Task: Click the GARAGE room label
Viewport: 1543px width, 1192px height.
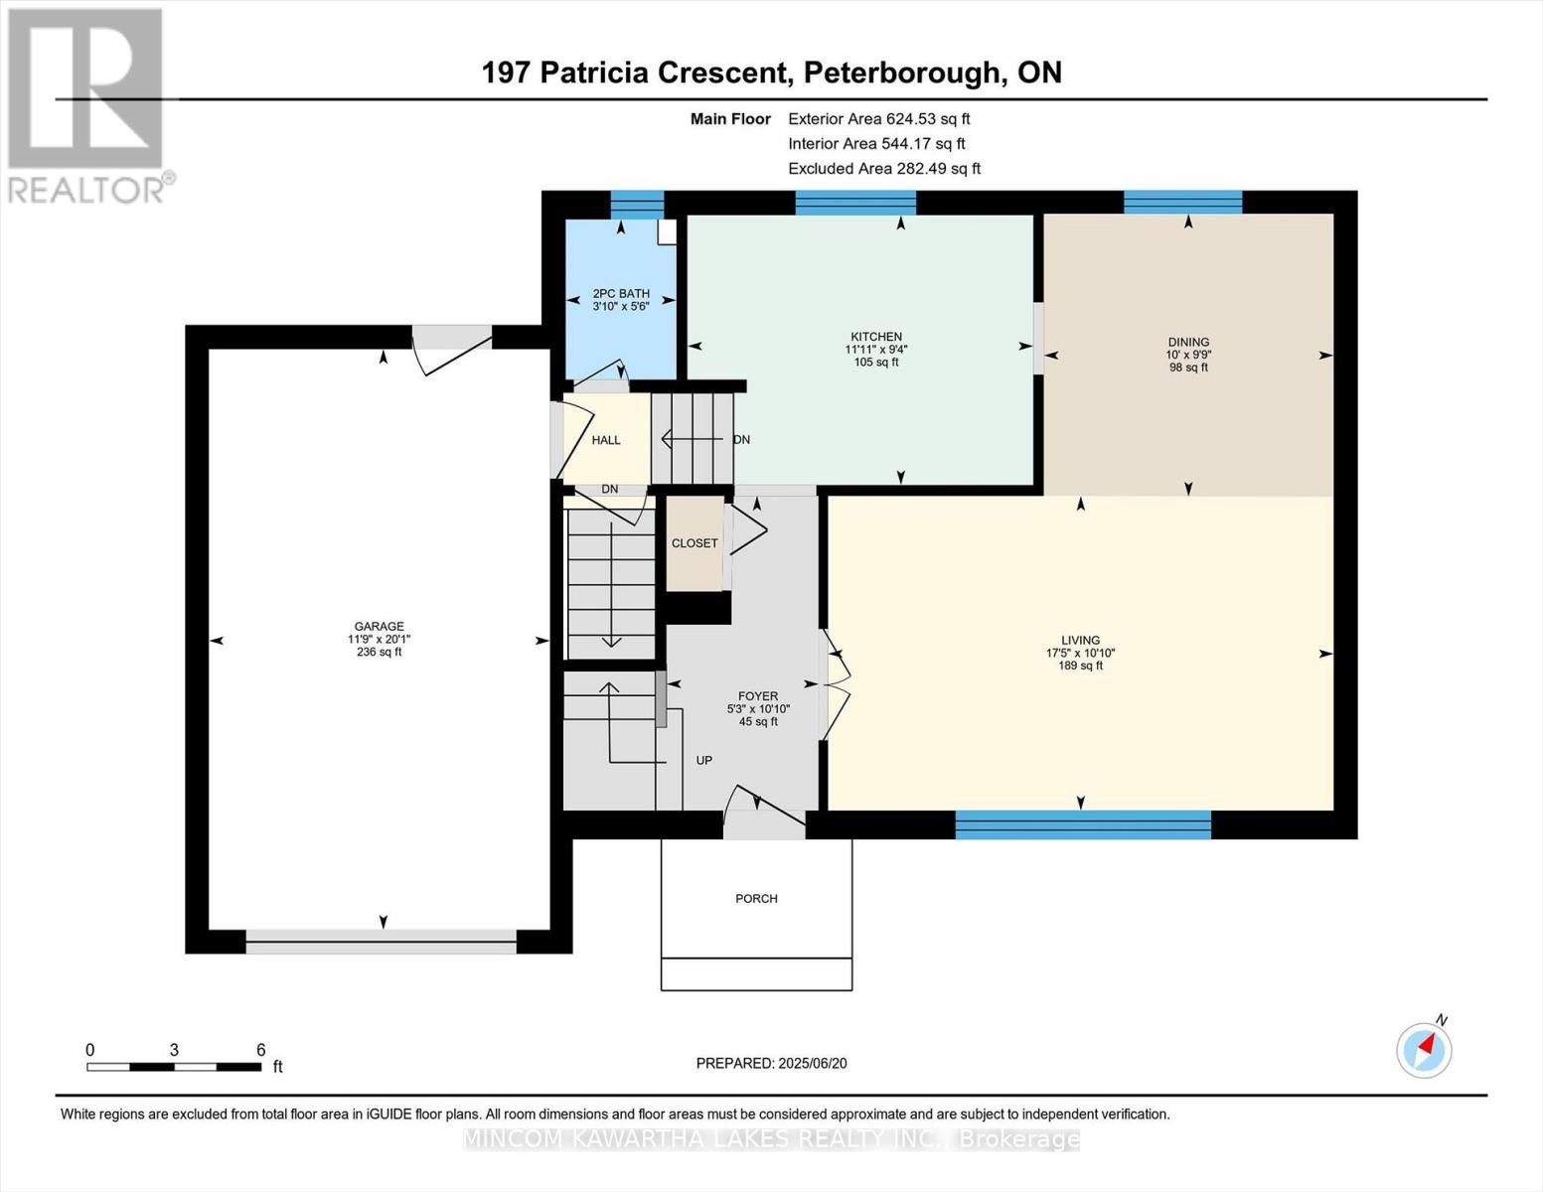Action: tap(379, 627)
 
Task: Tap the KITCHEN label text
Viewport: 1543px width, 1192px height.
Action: tap(875, 337)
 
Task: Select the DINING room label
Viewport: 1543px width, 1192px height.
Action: tap(1188, 342)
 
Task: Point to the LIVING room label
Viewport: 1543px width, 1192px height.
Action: tap(1080, 641)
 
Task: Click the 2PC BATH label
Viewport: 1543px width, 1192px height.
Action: tap(621, 293)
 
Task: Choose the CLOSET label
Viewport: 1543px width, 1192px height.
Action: tap(694, 543)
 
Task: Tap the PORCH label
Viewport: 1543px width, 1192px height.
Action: tap(756, 899)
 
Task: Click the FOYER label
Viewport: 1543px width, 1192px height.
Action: tap(758, 696)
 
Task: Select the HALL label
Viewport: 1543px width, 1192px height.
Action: tap(606, 440)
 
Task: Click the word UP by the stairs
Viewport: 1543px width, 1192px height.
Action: tap(703, 761)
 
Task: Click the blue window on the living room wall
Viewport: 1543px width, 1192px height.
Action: tap(1083, 824)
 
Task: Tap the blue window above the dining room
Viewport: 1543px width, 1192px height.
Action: tap(1182, 203)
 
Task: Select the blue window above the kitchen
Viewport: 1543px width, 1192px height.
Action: tap(855, 203)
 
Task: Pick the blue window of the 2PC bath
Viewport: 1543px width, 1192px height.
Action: tap(636, 204)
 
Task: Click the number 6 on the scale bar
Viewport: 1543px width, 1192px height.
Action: tap(261, 1050)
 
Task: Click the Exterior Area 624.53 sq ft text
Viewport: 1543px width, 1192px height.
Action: tap(878, 119)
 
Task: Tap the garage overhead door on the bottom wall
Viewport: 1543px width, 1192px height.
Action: tap(382, 942)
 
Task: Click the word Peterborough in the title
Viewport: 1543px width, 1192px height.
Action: tap(901, 73)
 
